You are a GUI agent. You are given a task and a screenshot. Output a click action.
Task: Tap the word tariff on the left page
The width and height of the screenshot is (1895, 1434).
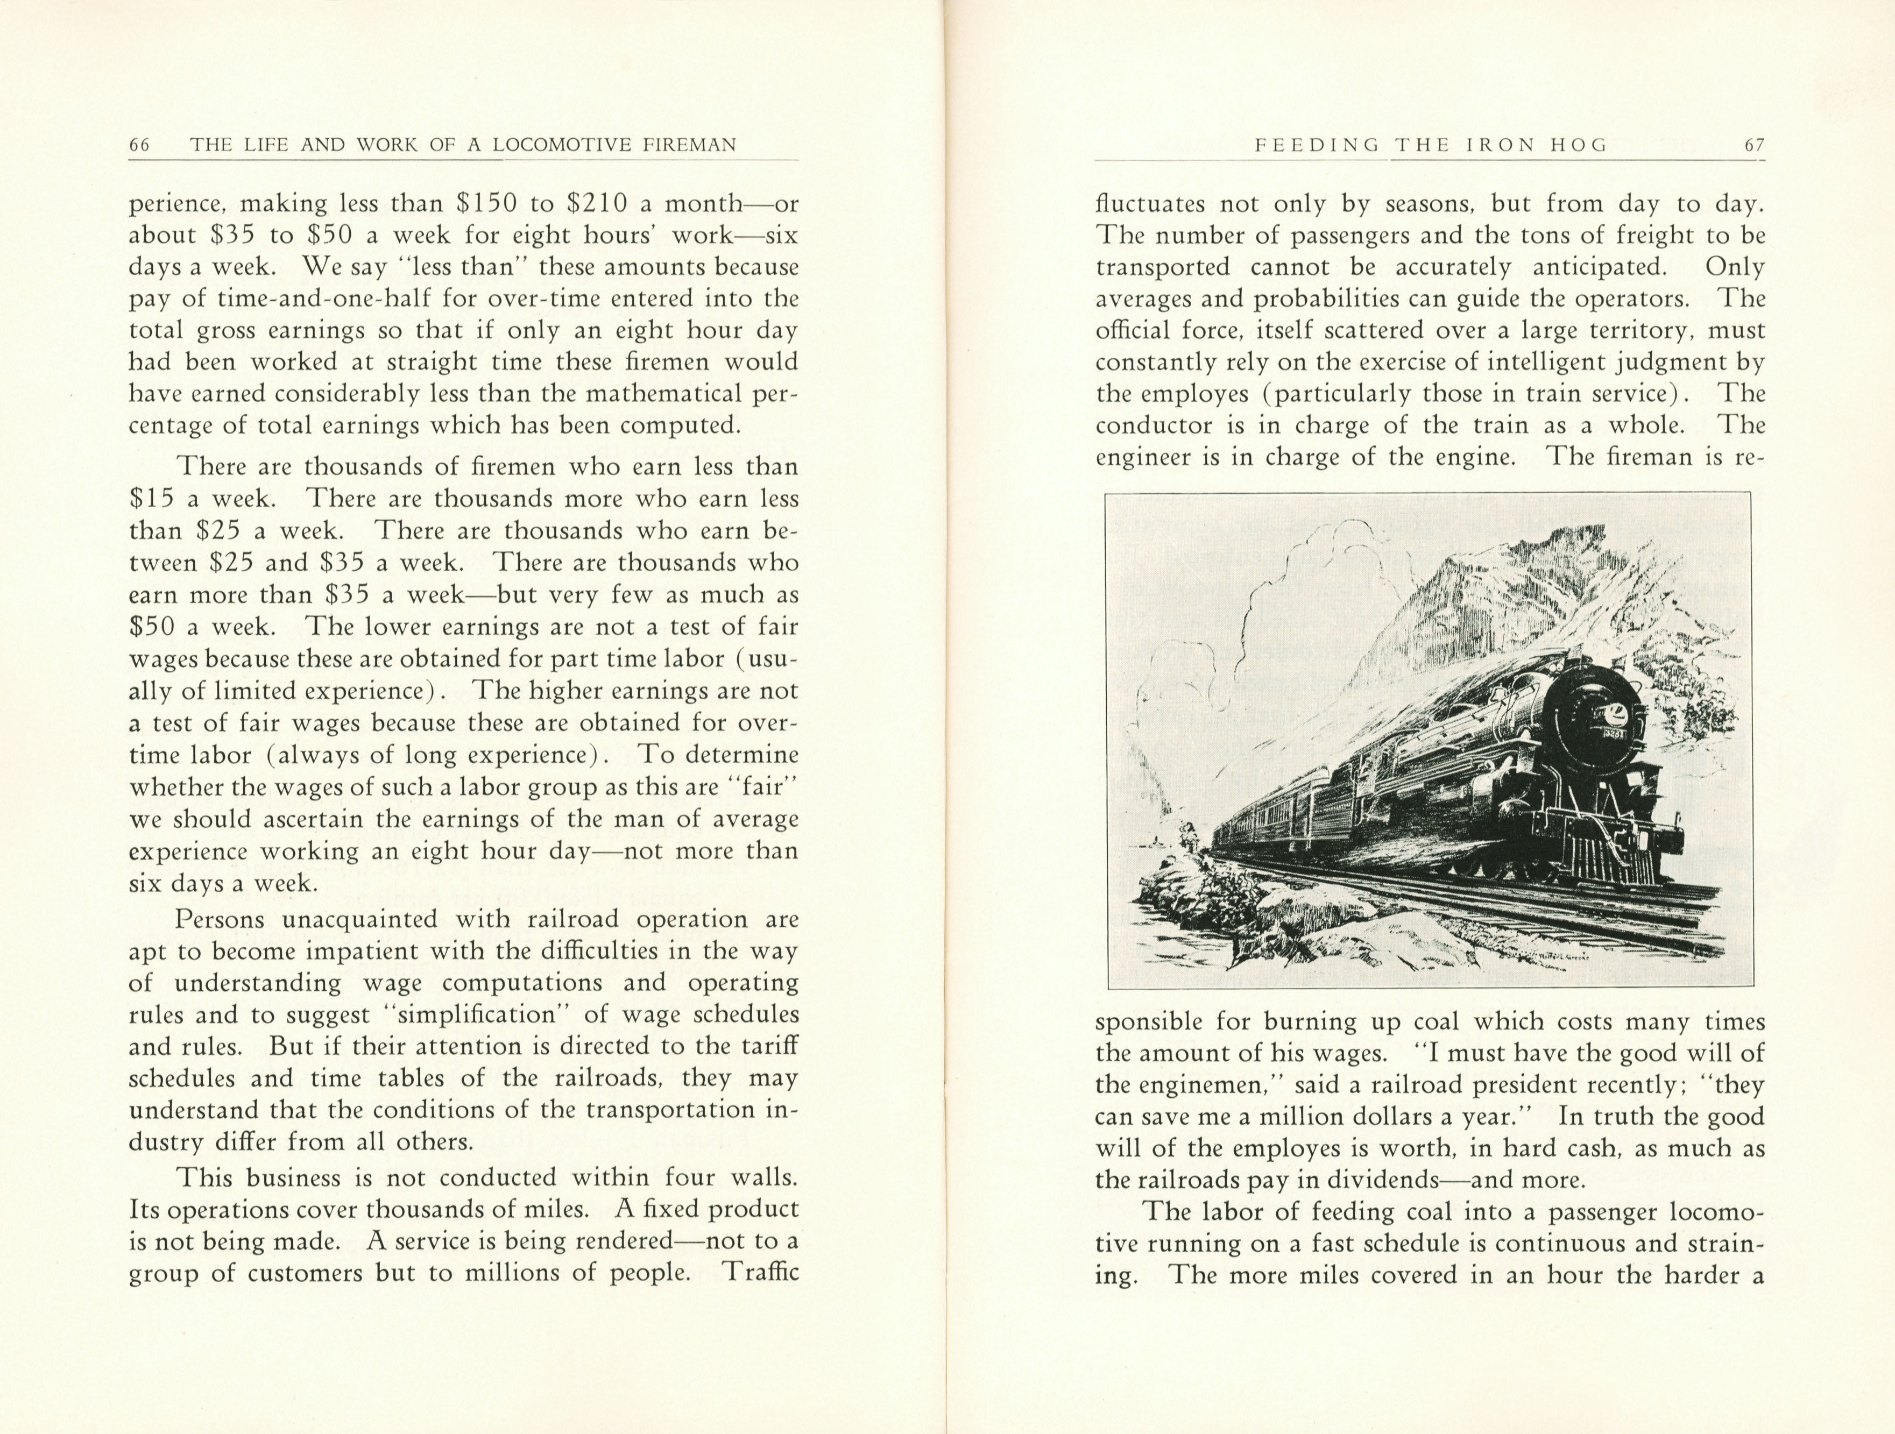[770, 1047]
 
